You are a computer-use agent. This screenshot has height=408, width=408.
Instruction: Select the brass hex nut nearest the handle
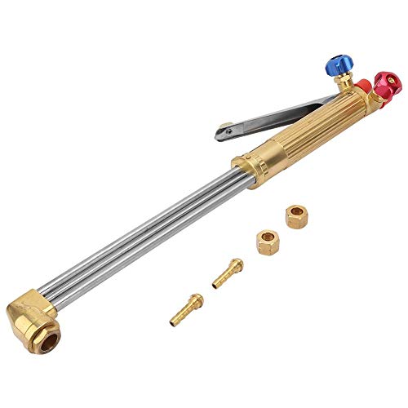tap(295, 217)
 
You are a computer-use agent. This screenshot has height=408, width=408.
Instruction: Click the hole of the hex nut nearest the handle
tap(295, 215)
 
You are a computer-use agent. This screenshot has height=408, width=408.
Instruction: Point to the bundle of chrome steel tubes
tap(147, 237)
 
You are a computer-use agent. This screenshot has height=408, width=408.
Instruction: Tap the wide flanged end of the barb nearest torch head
tap(197, 301)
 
